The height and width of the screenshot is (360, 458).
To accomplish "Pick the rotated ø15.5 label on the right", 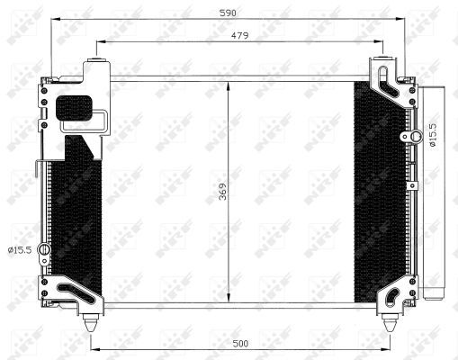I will (432, 136).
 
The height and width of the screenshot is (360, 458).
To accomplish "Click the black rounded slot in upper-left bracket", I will (75, 107).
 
